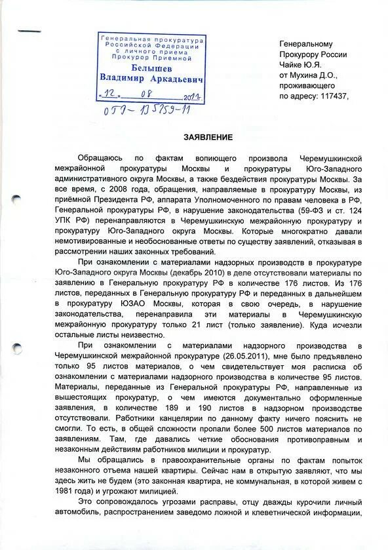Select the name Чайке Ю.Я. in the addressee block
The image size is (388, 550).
pos(303,64)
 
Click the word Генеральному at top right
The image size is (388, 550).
pos(306,43)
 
